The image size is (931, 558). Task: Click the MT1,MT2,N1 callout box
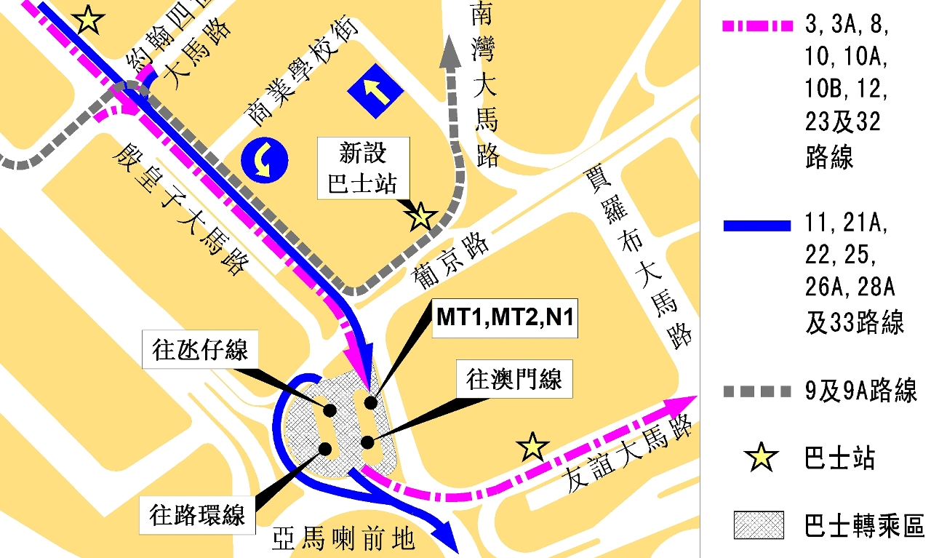(505, 317)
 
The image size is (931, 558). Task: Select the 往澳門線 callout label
(514, 379)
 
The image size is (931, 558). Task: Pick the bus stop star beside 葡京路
(421, 216)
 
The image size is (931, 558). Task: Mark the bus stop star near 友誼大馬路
(532, 447)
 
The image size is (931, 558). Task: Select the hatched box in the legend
(759, 525)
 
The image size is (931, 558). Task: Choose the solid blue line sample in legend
(757, 226)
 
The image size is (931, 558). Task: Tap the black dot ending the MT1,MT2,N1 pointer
(371, 402)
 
